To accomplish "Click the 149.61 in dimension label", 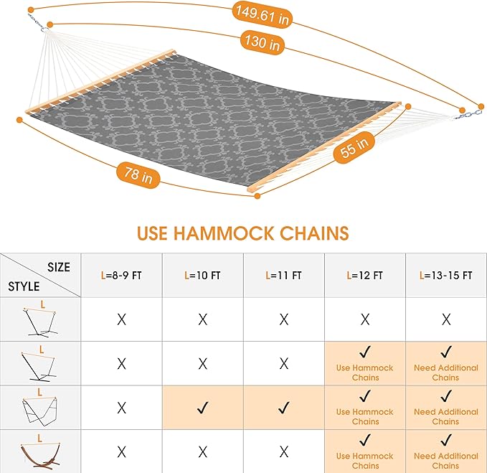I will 262,15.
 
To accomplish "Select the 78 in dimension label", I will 133,175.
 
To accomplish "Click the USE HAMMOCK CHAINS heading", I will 243,233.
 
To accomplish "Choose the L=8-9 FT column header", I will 121,275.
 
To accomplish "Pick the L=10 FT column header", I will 203,275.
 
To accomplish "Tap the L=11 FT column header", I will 284,275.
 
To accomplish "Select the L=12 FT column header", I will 365,275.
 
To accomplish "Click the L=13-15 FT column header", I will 445,275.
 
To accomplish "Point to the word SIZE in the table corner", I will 59,267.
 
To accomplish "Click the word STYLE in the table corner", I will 24,286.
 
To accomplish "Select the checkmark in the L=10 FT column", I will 203,408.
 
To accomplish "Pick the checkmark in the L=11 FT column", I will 284,408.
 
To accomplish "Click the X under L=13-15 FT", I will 445,319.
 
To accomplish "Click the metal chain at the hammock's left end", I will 37,24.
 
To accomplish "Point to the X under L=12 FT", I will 365,319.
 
